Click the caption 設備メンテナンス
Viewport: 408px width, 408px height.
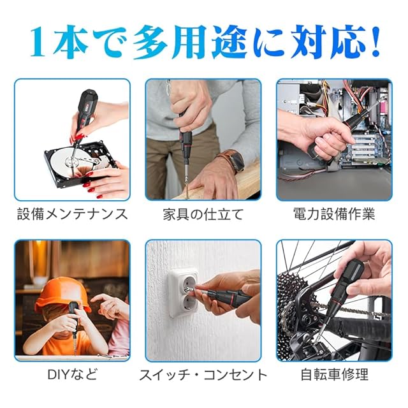72,214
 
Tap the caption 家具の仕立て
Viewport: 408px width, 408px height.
203,214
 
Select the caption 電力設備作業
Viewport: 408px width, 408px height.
334,214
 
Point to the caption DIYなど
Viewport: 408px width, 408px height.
72,375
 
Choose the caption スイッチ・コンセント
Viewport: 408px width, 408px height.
203,375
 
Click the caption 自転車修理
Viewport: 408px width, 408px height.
334,375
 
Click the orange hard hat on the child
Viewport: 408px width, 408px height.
62,293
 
